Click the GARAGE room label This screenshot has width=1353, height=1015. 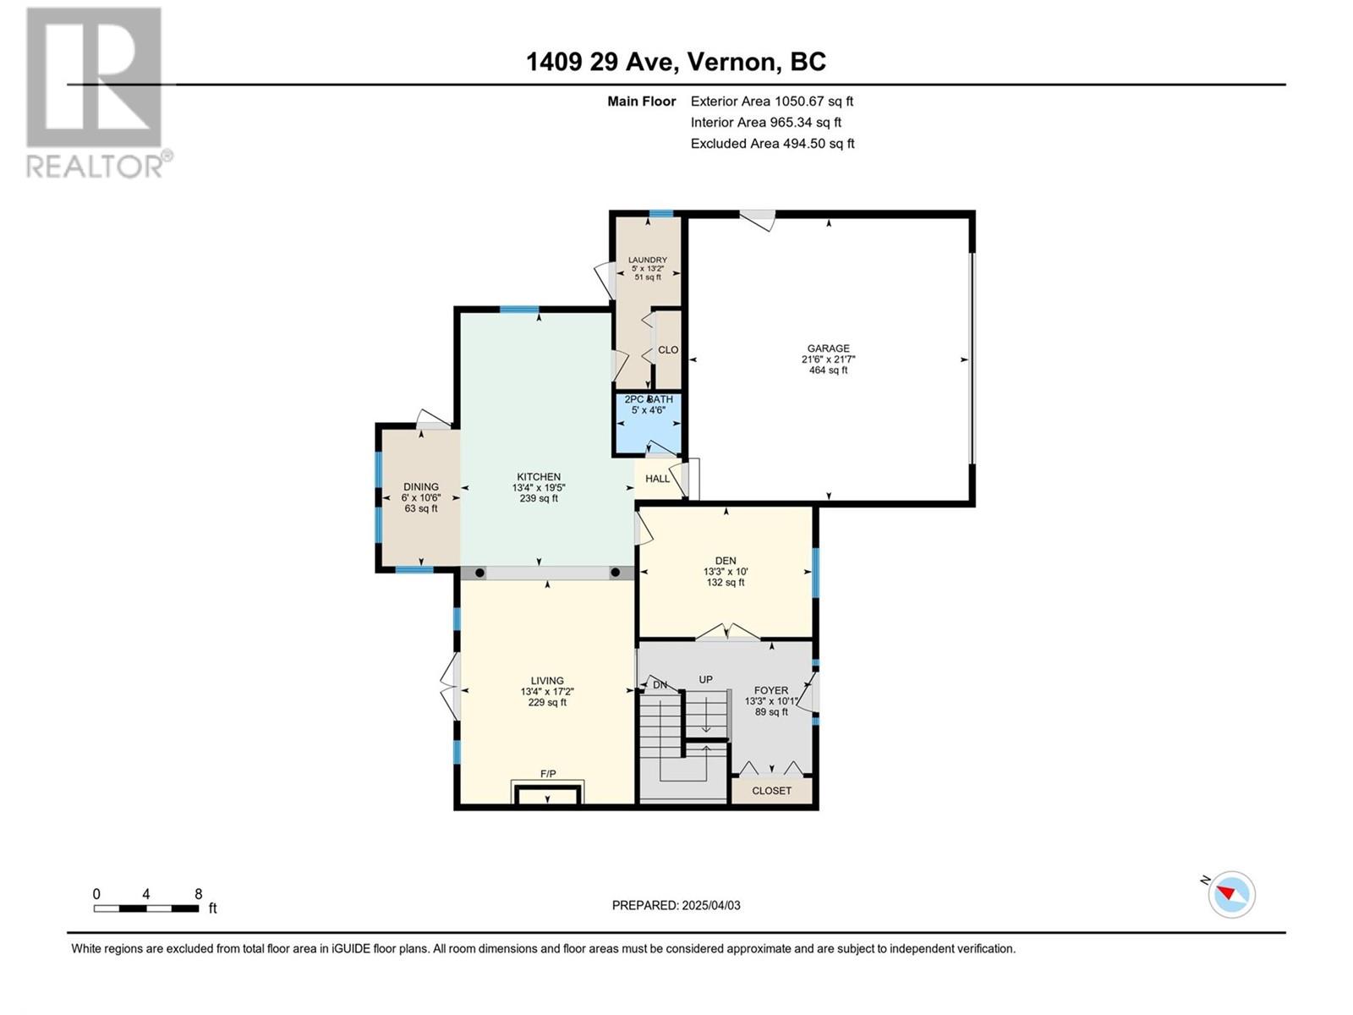click(x=828, y=348)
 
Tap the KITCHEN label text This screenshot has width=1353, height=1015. click(x=539, y=477)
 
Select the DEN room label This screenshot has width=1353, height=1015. click(x=726, y=561)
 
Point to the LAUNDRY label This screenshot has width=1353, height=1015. click(x=647, y=260)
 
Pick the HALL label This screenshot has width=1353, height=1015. click(x=657, y=479)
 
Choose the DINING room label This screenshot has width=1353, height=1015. click(x=421, y=487)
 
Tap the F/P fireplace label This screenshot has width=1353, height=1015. click(x=548, y=774)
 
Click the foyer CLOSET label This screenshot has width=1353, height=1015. click(x=771, y=791)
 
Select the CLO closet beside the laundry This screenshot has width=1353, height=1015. click(x=668, y=349)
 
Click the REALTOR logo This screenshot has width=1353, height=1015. click(x=99, y=93)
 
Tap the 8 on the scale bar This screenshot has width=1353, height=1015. click(x=199, y=893)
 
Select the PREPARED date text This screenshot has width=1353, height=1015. click(x=676, y=905)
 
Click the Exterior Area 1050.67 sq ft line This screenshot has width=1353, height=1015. click(x=772, y=101)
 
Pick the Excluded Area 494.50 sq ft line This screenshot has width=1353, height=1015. click(x=772, y=144)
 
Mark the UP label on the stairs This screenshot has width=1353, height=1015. click(x=706, y=679)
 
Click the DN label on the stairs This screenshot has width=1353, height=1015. click(x=660, y=684)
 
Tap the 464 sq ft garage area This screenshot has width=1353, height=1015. click(x=828, y=370)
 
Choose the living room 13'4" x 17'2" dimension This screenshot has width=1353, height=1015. click(x=547, y=691)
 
